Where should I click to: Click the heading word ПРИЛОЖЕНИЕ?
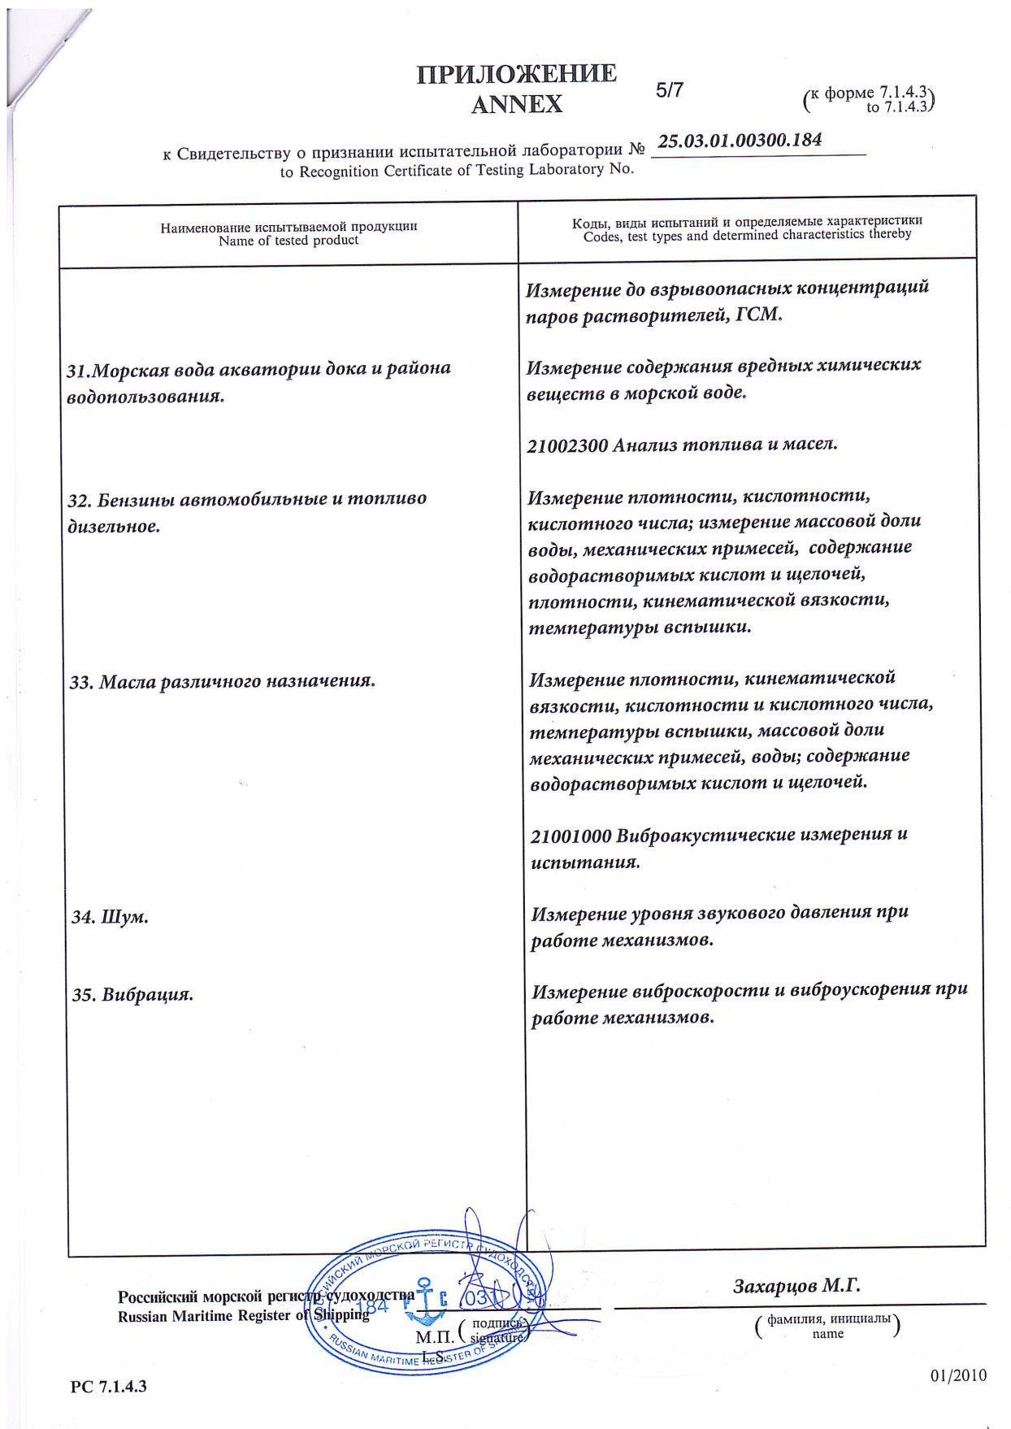(x=516, y=74)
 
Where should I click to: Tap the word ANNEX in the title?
(x=516, y=104)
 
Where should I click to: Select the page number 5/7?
(x=670, y=90)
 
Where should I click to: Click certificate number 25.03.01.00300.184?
(x=740, y=141)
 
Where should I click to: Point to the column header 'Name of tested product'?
(x=289, y=241)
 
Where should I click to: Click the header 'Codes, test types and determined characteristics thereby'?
(x=747, y=235)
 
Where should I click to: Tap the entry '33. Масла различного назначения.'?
(x=223, y=681)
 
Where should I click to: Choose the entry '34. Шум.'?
(x=110, y=917)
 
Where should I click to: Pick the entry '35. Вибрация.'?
(x=132, y=994)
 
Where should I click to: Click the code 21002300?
(x=567, y=445)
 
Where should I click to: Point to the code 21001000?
(x=571, y=836)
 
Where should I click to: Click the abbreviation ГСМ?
(x=758, y=315)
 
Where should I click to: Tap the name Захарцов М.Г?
(x=796, y=1285)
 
